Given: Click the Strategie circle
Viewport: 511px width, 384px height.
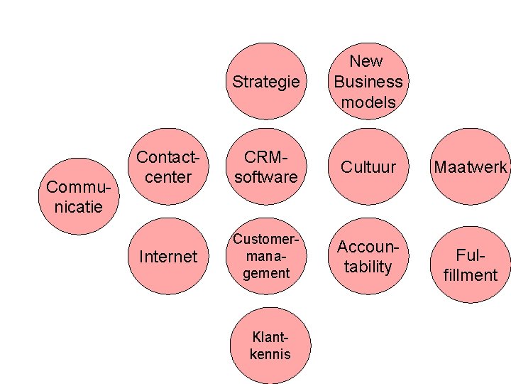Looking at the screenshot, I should (x=266, y=81).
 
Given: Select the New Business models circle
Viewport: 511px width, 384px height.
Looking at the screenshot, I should (x=368, y=81).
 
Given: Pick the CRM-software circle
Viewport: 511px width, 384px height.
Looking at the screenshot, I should (x=266, y=166).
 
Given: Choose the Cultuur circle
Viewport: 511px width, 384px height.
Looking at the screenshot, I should (x=368, y=166).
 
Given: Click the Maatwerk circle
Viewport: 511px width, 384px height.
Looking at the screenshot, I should (x=471, y=166).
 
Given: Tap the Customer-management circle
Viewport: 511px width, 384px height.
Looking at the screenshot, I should (x=266, y=256).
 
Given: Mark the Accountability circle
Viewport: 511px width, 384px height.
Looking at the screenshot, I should (x=368, y=256).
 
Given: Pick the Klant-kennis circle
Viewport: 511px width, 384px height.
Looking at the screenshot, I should (x=270, y=346).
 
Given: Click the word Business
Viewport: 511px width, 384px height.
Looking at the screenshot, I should (x=368, y=81).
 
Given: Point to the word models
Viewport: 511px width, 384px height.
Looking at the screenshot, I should (x=368, y=102).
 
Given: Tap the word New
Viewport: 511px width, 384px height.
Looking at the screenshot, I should (x=366, y=61).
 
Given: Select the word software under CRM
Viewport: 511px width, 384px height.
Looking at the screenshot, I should (x=266, y=176).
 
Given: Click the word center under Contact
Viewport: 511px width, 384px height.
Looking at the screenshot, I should (x=168, y=176).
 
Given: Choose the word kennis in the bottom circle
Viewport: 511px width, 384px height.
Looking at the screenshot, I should (x=270, y=353).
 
